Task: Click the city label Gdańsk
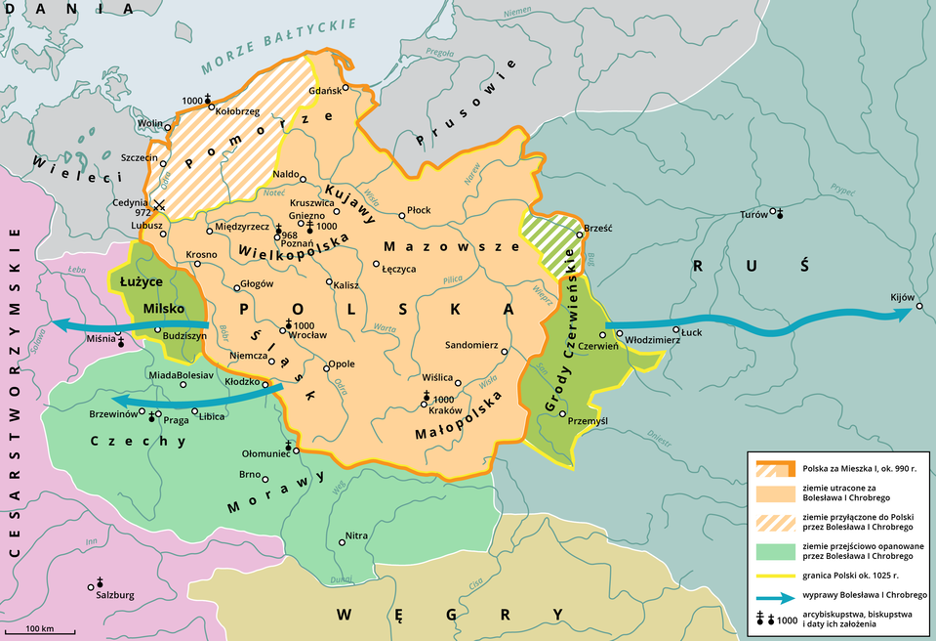323,91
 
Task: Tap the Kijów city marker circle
918,310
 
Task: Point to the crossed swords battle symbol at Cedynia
160,206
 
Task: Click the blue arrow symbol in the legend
774,595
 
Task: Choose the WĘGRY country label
450,615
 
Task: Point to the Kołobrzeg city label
237,112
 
